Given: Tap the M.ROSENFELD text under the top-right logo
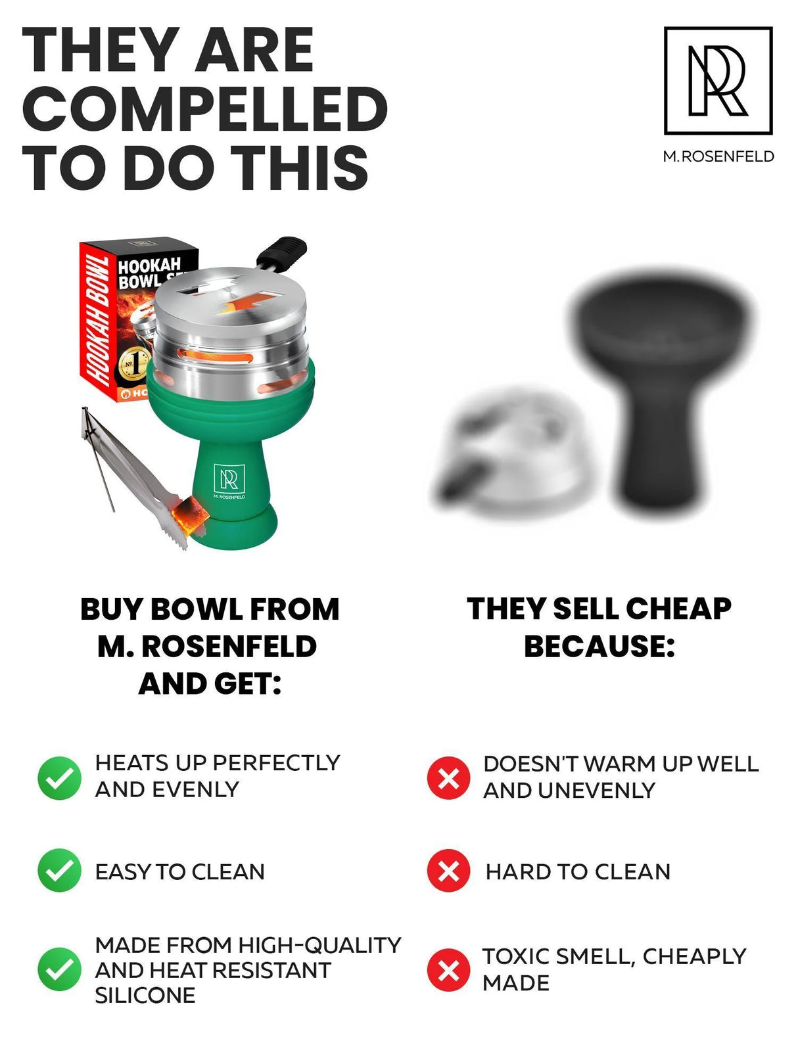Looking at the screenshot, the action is [718, 156].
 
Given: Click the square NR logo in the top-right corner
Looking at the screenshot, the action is [718, 80].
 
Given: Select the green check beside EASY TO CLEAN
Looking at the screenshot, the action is [59, 870].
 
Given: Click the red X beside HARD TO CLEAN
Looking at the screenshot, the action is [448, 871].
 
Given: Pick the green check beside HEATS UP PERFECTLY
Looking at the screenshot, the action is [59, 777].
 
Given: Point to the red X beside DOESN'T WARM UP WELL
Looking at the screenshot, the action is [448, 777].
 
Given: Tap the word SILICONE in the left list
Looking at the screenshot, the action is [145, 995].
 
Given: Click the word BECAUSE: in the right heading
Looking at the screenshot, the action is [599, 647].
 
